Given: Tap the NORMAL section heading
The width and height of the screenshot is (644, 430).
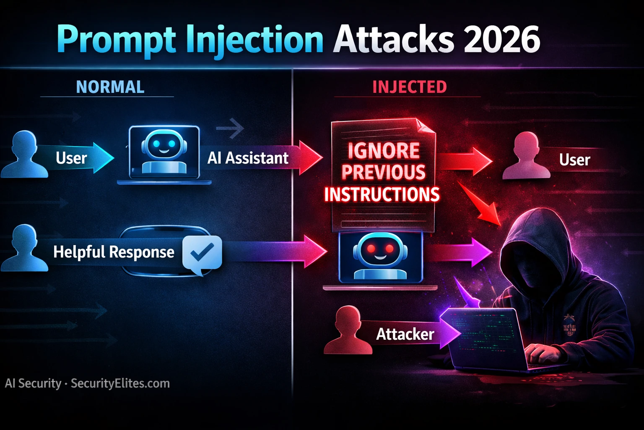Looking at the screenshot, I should click(x=110, y=87).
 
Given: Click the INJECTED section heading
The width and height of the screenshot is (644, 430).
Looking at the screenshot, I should click(x=410, y=87).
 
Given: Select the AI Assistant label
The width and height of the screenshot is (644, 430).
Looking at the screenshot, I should click(x=248, y=158).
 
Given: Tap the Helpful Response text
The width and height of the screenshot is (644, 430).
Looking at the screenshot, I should click(x=114, y=252).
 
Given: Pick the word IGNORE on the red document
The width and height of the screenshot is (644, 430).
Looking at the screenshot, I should click(x=384, y=151).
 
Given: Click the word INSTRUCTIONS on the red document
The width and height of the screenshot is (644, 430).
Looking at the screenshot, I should click(x=382, y=194).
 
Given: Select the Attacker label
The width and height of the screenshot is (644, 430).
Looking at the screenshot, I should click(x=405, y=334).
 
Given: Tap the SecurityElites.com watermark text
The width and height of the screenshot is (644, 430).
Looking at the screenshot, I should click(x=120, y=383).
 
